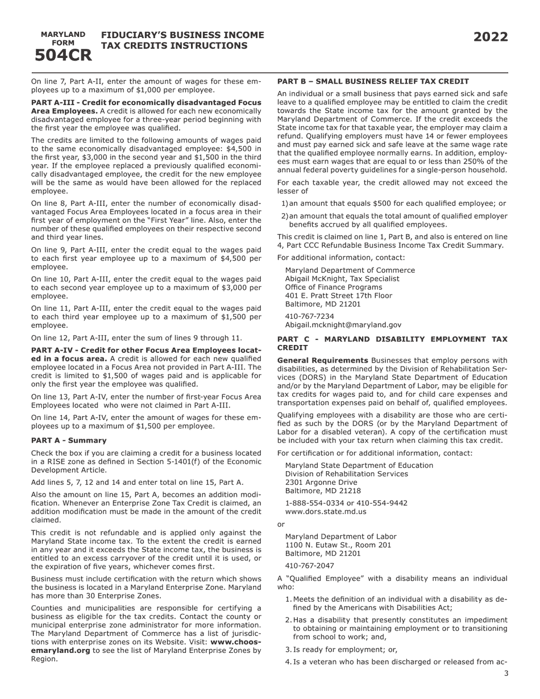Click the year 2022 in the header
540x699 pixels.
point(491,38)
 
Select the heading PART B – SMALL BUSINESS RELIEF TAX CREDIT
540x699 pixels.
point(373,81)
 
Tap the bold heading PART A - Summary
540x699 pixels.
point(69,440)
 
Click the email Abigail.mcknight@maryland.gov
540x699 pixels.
point(343,325)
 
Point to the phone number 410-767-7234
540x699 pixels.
point(309,317)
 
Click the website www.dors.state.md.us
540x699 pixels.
point(326,511)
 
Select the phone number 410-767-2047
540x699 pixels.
point(309,565)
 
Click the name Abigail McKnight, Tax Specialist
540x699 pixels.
point(342,278)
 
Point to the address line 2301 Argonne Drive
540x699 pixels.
point(321,482)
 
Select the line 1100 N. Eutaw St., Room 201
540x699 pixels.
point(338,545)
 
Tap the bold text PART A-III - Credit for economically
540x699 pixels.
point(146,103)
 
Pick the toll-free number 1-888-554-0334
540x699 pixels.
point(312,503)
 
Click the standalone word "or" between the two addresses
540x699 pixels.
point(281,524)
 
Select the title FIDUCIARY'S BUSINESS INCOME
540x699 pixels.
point(182,35)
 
